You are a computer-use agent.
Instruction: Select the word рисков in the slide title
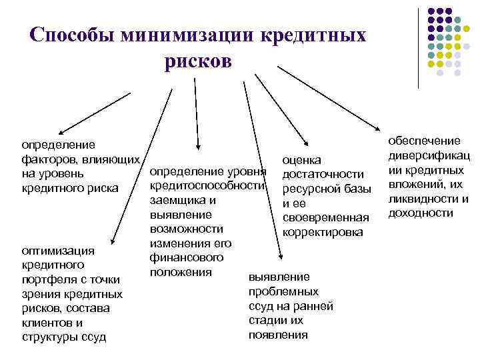click(x=197, y=62)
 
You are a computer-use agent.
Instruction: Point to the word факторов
click(x=48, y=159)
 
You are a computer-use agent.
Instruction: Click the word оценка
click(x=301, y=160)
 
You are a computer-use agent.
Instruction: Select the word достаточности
click(x=323, y=174)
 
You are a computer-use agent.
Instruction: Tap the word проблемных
click(x=283, y=291)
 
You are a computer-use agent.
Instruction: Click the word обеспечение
click(x=425, y=141)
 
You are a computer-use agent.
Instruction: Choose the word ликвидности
click(x=420, y=199)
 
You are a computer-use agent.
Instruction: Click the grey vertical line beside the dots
click(x=418, y=47)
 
